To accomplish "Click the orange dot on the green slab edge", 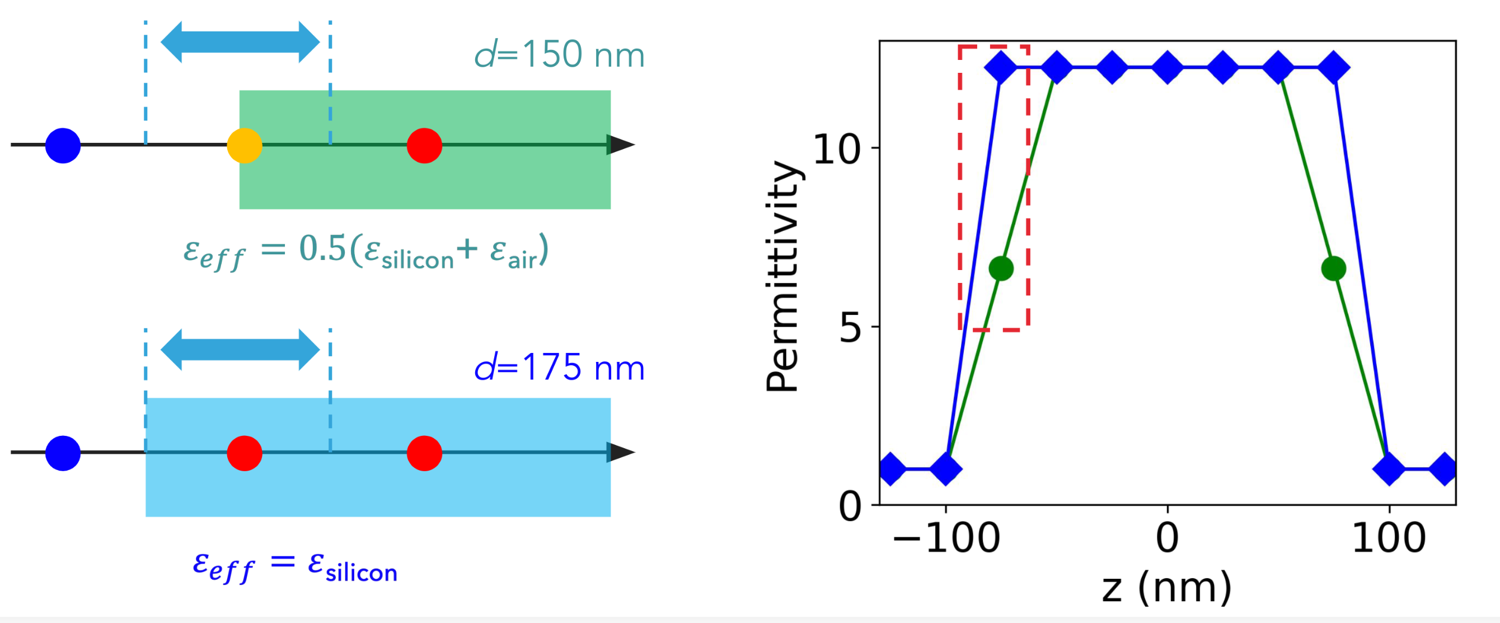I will pos(244,145).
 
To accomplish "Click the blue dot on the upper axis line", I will pos(63,145).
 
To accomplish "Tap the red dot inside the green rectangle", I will pos(424,145).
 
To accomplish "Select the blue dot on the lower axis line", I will pos(63,453).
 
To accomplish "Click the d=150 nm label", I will pos(559,55).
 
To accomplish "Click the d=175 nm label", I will pos(559,368).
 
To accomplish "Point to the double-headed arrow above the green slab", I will pos(240,42).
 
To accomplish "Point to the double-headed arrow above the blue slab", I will pos(240,350).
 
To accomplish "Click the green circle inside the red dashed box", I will pos(1001,269).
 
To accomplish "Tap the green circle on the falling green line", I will pos(1333,269).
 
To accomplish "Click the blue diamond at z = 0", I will pos(1168,68).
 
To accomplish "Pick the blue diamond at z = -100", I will pos(946,468).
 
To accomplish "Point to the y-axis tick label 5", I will pos(850,328).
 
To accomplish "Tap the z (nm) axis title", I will pos(1167,588).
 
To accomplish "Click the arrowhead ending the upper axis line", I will pos(620,145).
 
